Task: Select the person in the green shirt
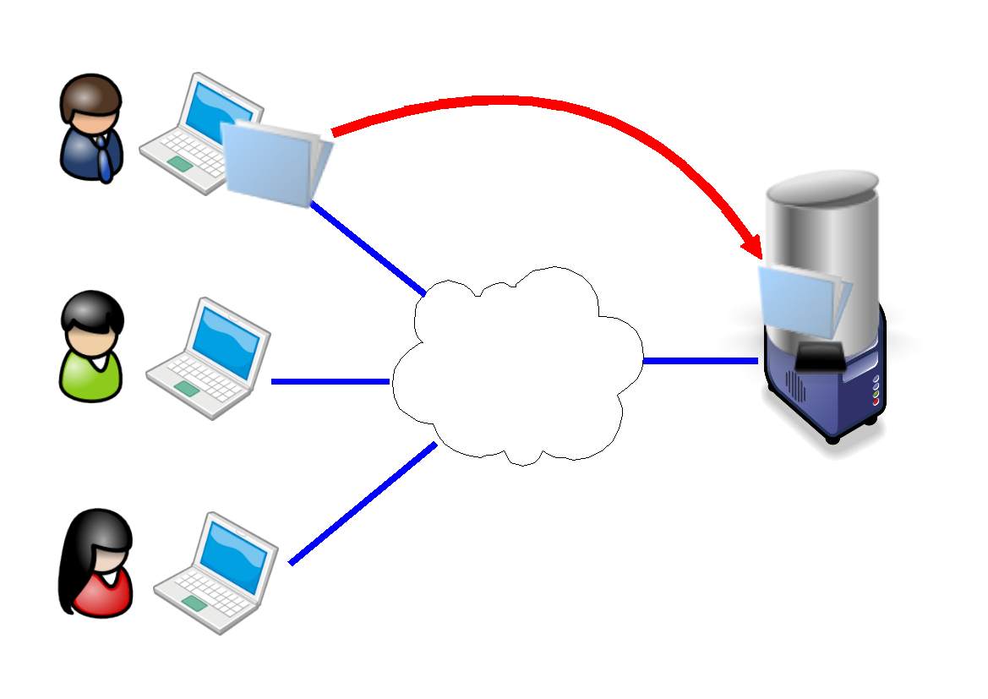(92, 347)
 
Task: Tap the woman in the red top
(97, 565)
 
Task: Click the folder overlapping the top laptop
(276, 162)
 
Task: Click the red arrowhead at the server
(752, 244)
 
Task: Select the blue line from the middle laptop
(330, 381)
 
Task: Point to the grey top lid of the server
(822, 181)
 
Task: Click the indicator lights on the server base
(876, 390)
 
